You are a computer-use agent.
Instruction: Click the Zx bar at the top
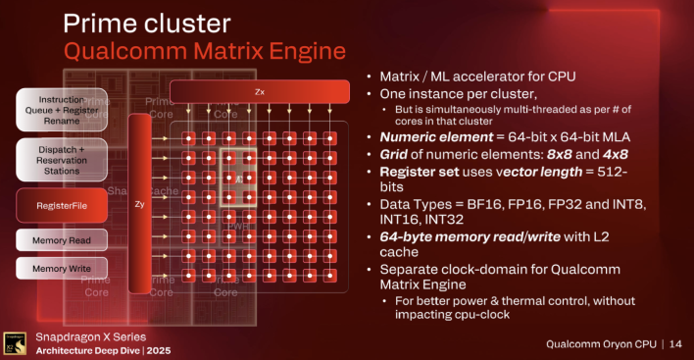[x=260, y=91]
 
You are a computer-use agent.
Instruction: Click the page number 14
[x=675, y=343]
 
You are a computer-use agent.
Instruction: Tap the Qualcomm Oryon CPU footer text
[x=601, y=343]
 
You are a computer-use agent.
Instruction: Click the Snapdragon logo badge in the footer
[x=14, y=342]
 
